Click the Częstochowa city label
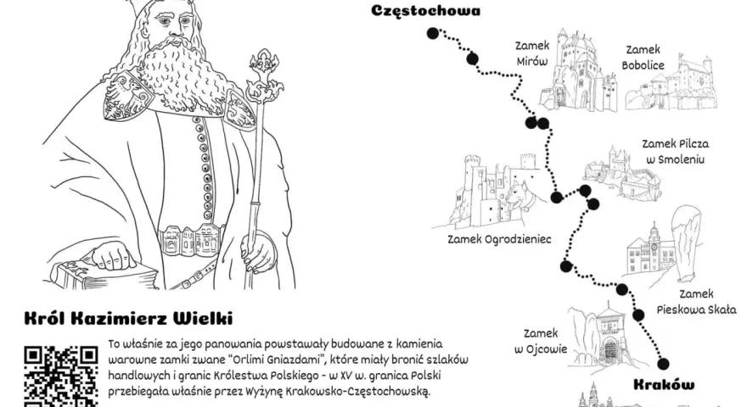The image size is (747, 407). point(425,11)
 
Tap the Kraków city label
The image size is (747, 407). point(664,385)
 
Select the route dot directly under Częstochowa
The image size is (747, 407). point(433,33)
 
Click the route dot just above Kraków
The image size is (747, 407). point(663,364)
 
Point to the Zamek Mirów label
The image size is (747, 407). point(532,53)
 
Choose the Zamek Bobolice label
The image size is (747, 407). point(643,57)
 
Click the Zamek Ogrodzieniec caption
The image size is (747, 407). point(499,239)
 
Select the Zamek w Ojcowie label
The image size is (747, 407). point(541,342)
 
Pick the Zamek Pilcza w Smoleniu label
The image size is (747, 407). point(675,152)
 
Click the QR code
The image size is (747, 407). point(61,376)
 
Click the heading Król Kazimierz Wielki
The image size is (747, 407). point(129,319)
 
